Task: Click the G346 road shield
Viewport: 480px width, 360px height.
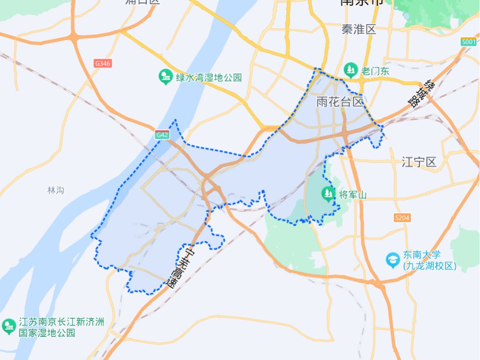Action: [103, 63]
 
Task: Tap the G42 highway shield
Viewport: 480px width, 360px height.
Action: [162, 135]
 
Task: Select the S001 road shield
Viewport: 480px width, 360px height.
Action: [468, 42]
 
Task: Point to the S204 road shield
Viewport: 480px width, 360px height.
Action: [402, 218]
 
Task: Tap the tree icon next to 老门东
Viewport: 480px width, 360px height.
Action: [350, 70]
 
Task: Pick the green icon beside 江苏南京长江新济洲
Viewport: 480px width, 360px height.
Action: [9, 326]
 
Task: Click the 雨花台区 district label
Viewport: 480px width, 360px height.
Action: [340, 102]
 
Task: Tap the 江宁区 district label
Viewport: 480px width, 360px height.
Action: [419, 162]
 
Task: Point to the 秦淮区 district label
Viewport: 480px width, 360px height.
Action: [359, 30]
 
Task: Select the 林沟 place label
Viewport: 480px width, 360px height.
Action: [55, 190]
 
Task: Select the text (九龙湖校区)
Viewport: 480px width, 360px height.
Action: [429, 266]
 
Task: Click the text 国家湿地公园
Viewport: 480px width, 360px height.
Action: [47, 333]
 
